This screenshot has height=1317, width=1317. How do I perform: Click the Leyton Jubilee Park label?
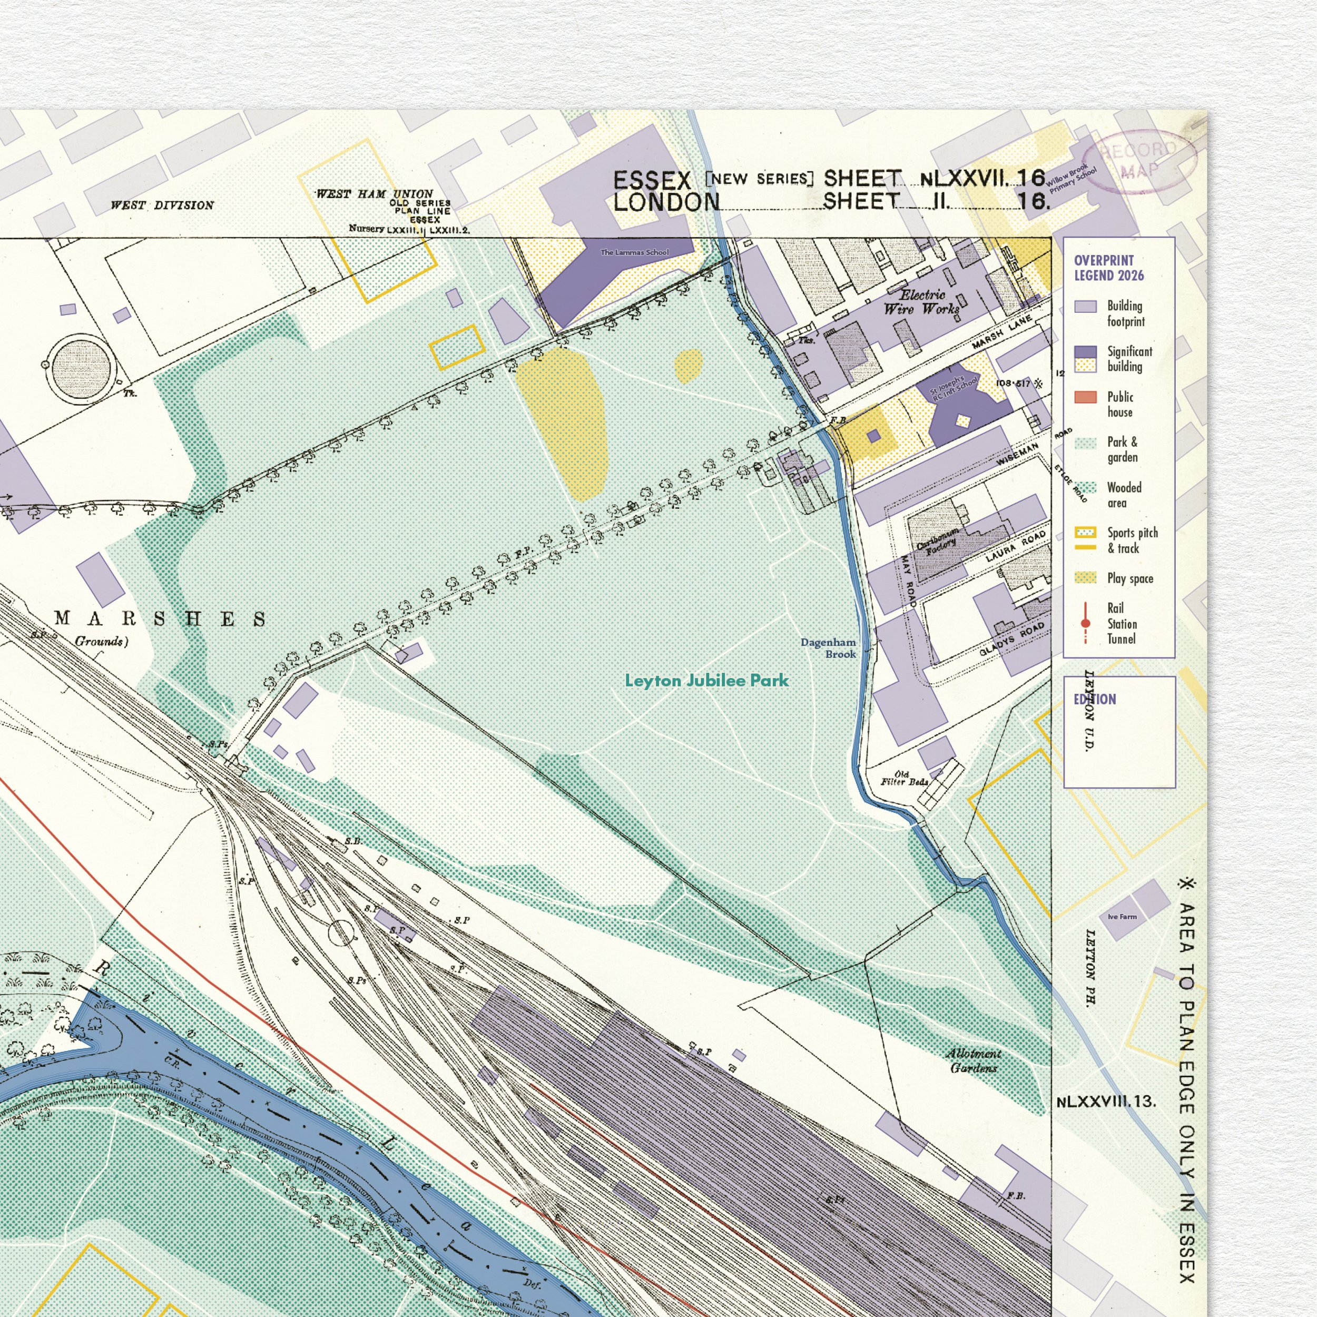point(706,680)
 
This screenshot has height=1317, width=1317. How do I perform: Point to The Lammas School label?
point(634,252)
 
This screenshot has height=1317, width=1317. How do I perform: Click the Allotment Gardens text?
point(974,1060)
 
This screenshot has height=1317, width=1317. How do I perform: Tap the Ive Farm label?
point(1122,917)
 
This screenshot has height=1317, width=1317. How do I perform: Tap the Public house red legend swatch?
point(1085,397)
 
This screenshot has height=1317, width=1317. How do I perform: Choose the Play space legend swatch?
point(1085,578)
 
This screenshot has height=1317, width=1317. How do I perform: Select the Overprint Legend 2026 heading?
point(1108,268)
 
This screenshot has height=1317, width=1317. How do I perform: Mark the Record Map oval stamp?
point(1138,160)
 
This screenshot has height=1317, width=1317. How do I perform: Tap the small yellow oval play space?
point(689,366)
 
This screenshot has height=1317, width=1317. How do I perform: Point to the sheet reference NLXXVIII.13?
point(1106,1102)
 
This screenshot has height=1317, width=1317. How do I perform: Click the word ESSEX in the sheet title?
point(652,181)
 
